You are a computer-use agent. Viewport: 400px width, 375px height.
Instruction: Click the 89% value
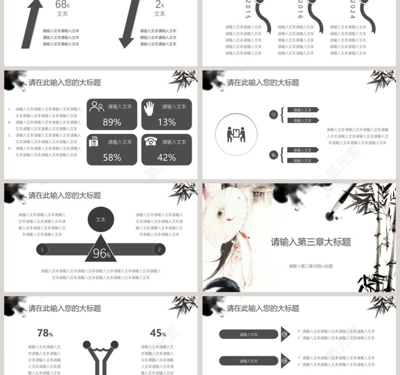point(112,122)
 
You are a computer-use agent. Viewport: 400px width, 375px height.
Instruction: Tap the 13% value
point(166,122)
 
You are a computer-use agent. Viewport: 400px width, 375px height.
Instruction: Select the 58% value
point(112,158)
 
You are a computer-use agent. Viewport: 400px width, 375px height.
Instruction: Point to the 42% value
point(166,158)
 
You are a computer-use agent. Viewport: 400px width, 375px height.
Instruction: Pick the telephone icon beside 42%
point(151,141)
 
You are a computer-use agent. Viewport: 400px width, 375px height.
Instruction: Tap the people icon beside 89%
point(97,107)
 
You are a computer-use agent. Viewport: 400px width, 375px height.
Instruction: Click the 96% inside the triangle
point(101,254)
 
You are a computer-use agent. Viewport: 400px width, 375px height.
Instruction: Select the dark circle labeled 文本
point(101,220)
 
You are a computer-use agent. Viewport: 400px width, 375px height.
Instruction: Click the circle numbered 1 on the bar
point(42,249)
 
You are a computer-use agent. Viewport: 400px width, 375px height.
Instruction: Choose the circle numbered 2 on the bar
point(159,249)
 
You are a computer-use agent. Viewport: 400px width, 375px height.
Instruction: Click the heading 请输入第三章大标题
point(310,242)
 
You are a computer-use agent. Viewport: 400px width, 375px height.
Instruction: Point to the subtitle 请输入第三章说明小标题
point(310,266)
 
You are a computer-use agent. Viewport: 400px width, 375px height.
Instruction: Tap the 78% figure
point(45,334)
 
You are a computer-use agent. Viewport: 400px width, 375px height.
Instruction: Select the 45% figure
point(158,334)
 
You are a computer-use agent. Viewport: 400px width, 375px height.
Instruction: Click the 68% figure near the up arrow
point(62,5)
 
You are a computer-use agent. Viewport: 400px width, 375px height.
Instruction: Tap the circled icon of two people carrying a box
point(236,135)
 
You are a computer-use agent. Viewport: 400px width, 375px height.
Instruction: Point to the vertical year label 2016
point(300,10)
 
